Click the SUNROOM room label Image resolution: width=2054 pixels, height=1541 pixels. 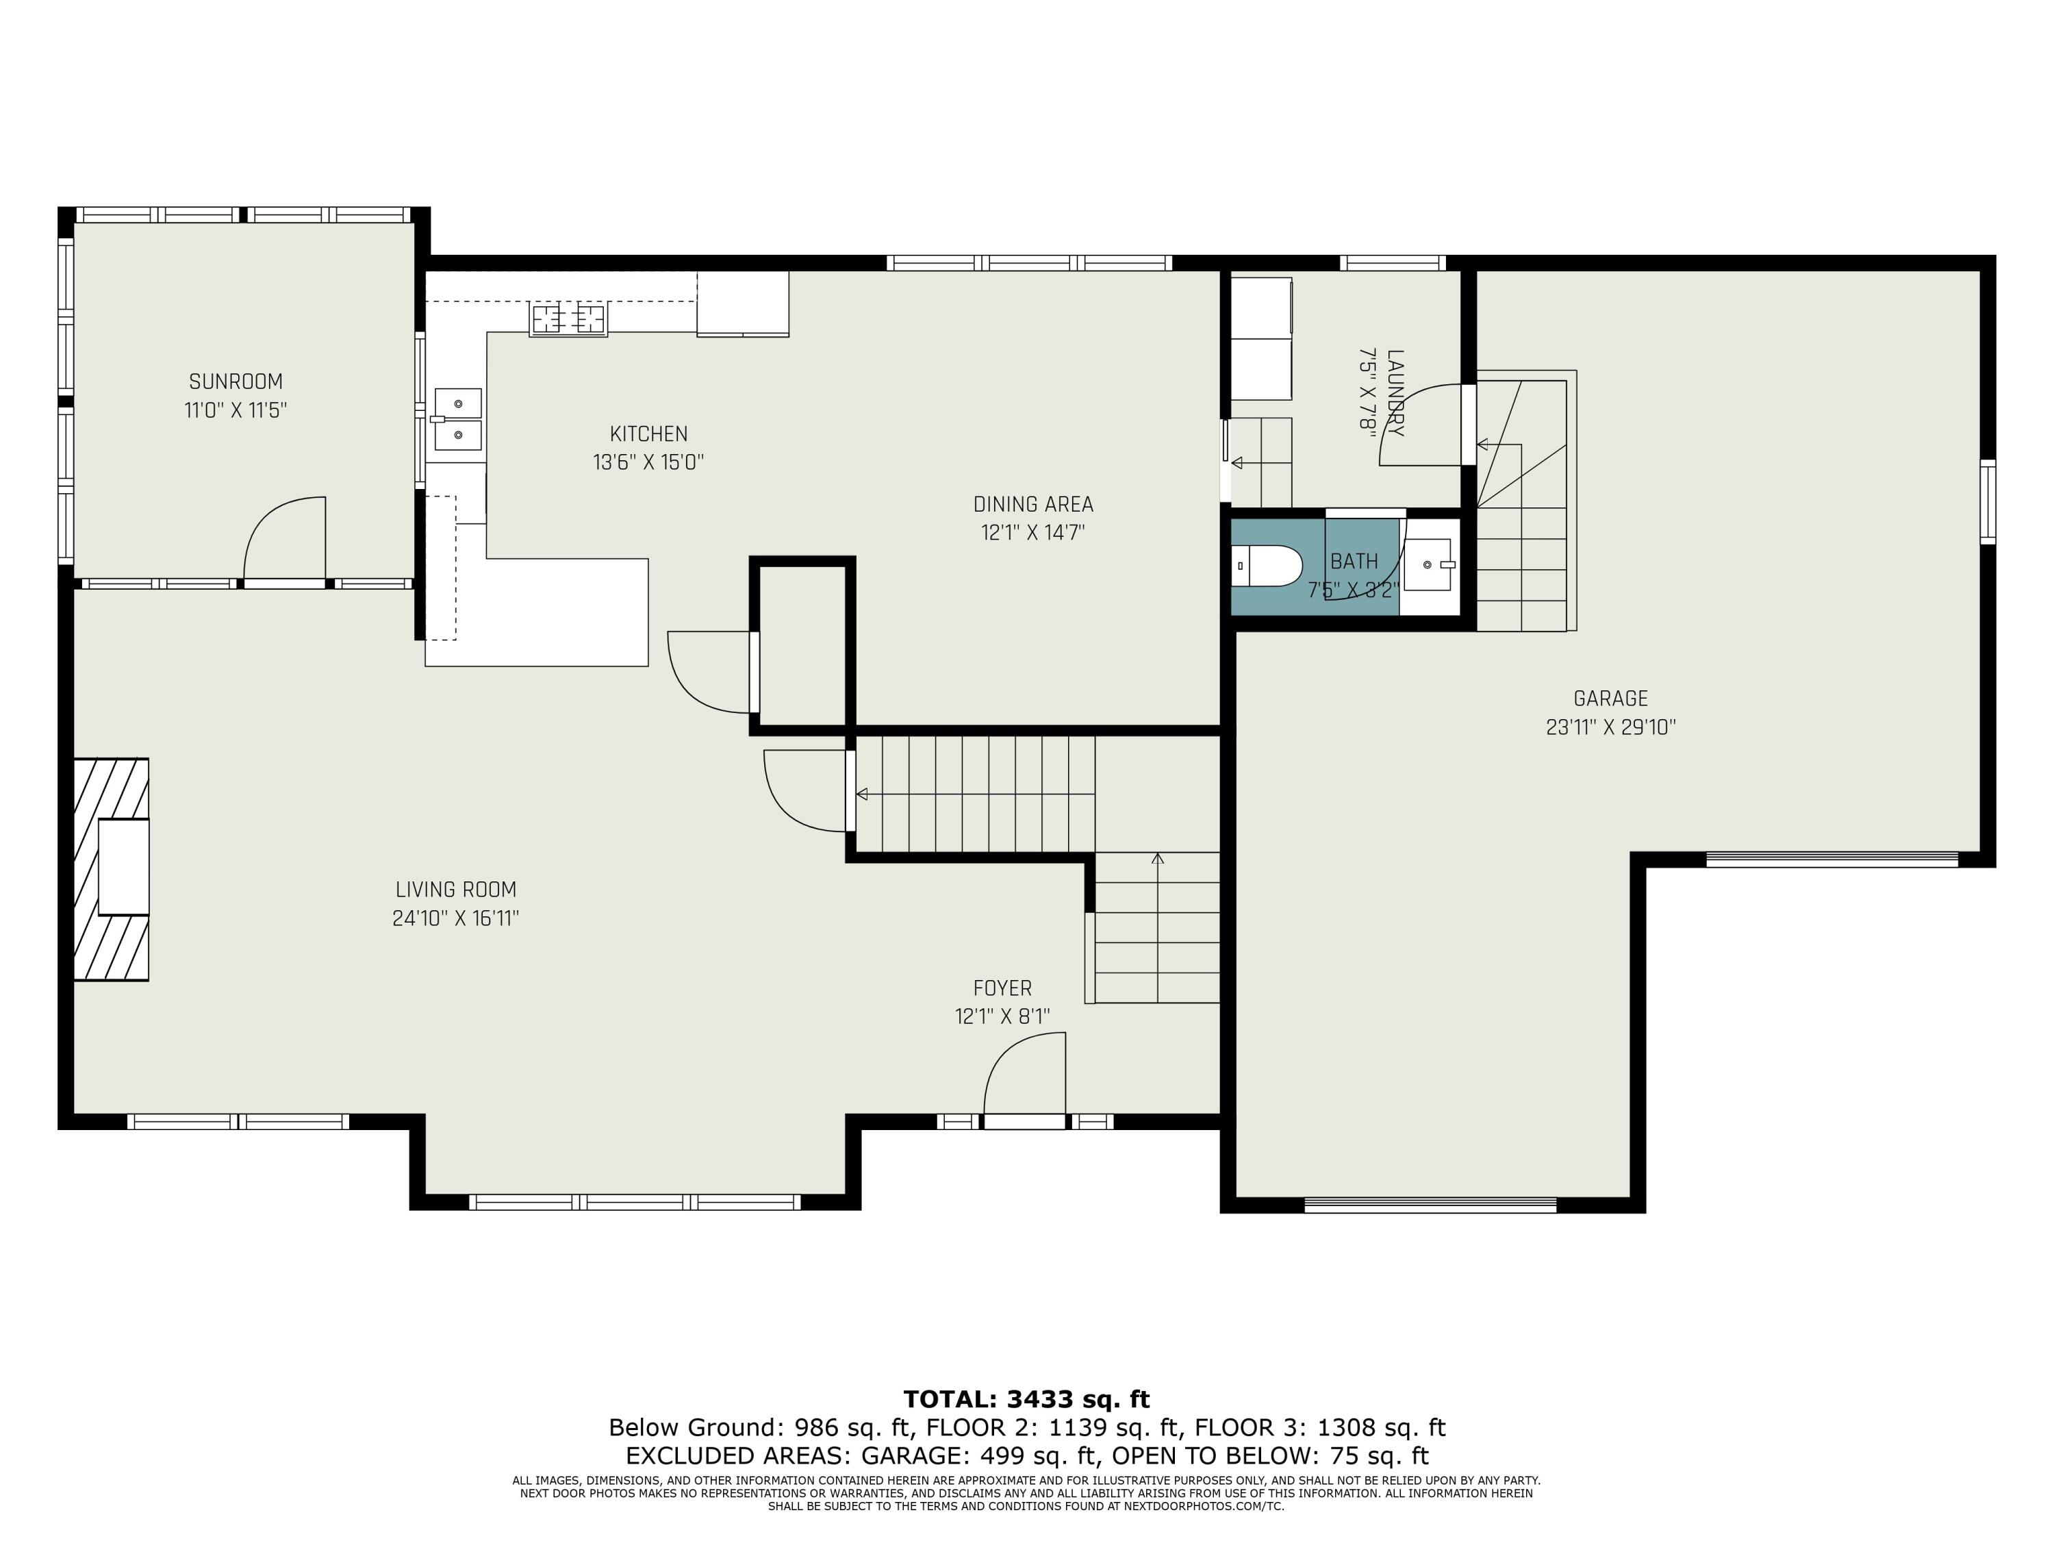click(x=236, y=381)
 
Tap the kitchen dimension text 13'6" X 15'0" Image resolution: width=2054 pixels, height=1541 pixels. click(x=648, y=462)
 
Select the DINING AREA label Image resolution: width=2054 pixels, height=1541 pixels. click(x=1032, y=504)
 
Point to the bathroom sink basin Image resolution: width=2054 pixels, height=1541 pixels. click(x=1428, y=565)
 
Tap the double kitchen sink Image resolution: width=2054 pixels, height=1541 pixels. click(x=459, y=420)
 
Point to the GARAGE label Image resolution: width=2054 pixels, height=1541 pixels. click(x=1610, y=699)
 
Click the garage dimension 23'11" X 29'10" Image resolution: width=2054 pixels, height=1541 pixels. click(x=1610, y=727)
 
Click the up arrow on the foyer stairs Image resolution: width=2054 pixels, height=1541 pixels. click(x=1157, y=860)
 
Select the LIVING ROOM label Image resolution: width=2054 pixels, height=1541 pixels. click(x=455, y=890)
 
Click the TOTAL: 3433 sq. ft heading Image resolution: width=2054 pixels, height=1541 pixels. click(x=1026, y=1399)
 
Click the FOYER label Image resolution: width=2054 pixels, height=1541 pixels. click(x=1002, y=988)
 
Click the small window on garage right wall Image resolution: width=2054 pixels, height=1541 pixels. click(x=1987, y=501)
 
